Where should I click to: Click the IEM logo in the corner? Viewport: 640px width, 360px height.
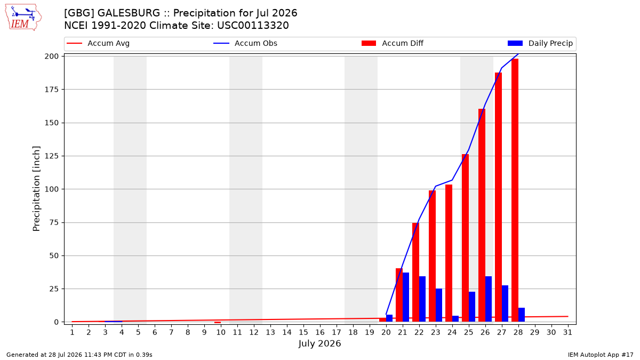coord(23,18)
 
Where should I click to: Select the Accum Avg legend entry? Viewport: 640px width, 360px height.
coord(98,43)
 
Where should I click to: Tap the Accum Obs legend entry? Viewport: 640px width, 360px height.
coord(245,43)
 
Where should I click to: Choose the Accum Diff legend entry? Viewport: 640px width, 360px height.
coord(393,43)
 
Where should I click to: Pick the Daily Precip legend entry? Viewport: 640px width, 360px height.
coord(540,43)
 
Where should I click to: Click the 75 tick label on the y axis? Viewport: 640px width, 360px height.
coord(54,222)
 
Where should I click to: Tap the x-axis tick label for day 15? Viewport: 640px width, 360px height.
coord(303,332)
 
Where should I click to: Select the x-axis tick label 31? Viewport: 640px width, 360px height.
coord(567,332)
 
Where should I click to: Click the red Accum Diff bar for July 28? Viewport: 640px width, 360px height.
coord(515,190)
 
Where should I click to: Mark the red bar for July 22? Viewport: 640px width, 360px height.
coord(415,273)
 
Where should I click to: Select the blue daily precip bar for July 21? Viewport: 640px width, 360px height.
coord(406,297)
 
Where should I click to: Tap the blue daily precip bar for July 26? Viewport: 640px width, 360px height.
coord(489,299)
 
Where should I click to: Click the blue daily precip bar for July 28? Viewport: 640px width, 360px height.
coord(522,315)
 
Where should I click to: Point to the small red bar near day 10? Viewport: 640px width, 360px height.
coord(218,323)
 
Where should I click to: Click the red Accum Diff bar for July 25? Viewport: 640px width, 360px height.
coord(465,238)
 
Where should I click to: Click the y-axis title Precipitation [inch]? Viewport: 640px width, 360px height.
coord(36,189)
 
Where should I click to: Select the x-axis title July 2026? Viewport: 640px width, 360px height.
coord(319,343)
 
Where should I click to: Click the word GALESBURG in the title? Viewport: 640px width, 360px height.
coord(129,13)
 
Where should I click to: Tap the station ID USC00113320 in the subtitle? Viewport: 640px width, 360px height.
coord(253,26)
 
